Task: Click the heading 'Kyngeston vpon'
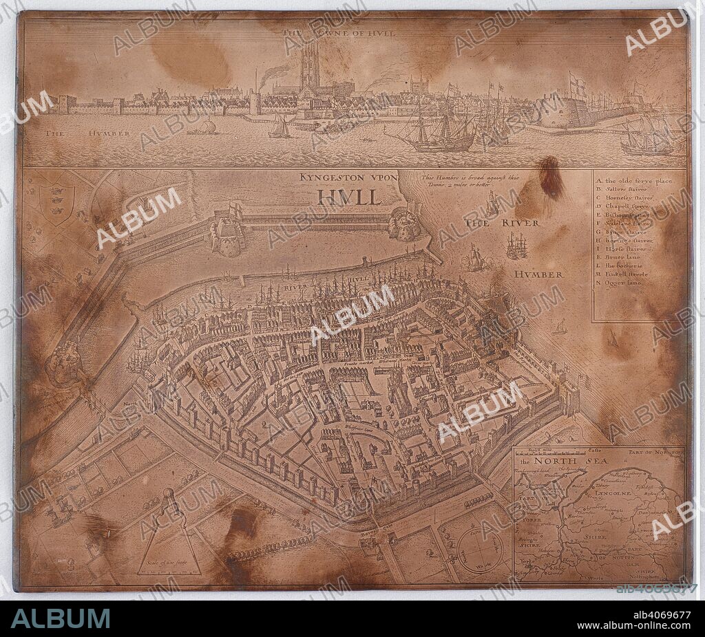click(x=348, y=177)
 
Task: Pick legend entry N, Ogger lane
click(x=625, y=283)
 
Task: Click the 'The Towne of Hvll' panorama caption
click(x=339, y=32)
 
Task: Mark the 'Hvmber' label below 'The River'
click(x=538, y=274)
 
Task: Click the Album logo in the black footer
click(x=60, y=618)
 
